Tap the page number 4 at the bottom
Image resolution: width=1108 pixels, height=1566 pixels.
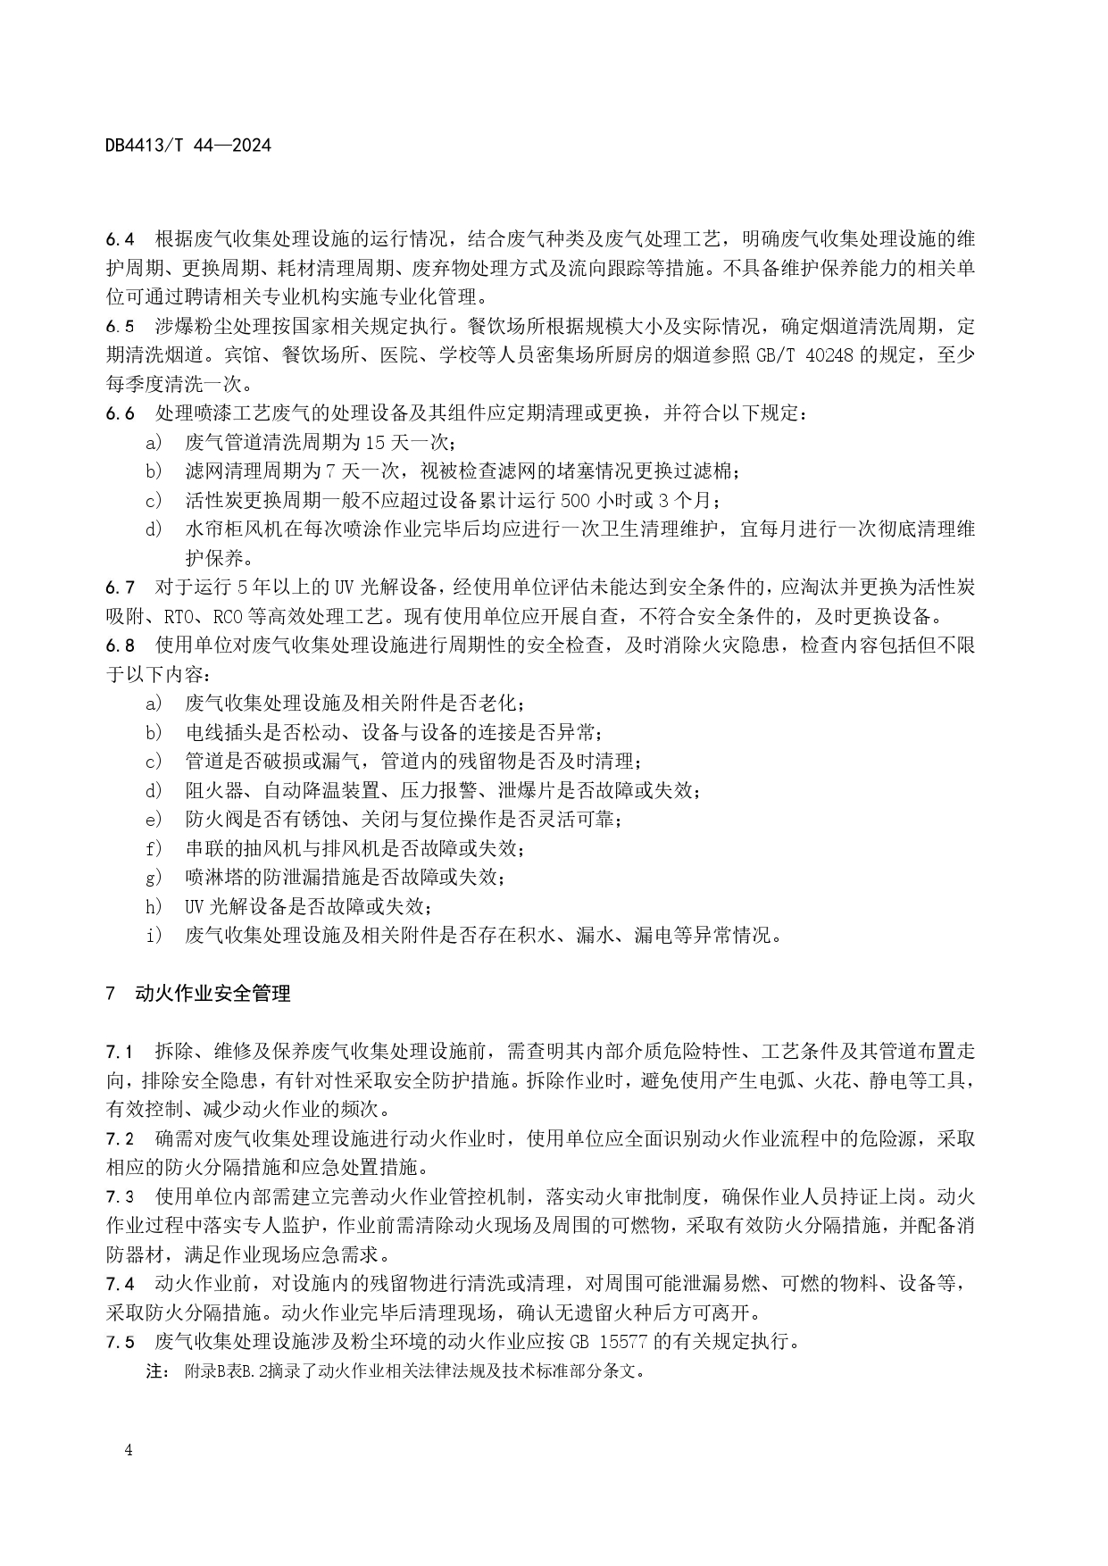pyautogui.click(x=129, y=1450)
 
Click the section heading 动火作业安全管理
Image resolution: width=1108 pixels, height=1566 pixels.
pyautogui.click(x=212, y=993)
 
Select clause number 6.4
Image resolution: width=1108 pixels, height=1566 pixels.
pyautogui.click(x=120, y=239)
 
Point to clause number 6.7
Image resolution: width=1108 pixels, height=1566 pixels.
pyautogui.click(x=120, y=587)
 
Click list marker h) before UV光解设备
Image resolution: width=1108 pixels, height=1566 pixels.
pyautogui.click(x=154, y=906)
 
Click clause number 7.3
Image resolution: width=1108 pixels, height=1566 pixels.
pyautogui.click(x=120, y=1196)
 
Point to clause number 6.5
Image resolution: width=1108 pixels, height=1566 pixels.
pyautogui.click(x=120, y=326)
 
